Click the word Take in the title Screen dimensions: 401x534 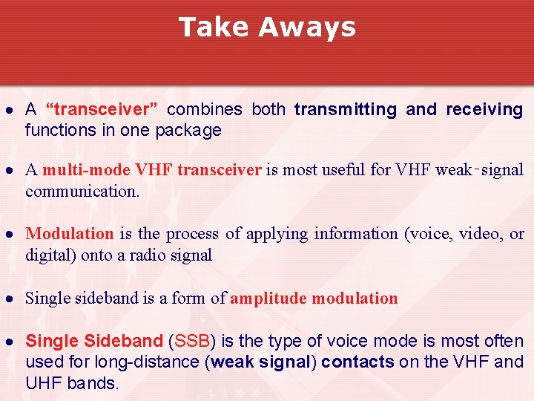[214, 27]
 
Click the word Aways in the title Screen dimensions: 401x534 [307, 27]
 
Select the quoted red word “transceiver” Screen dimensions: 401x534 [102, 110]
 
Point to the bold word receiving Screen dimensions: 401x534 [484, 110]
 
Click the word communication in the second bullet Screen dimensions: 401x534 [82, 191]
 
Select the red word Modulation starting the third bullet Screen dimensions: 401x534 [70, 234]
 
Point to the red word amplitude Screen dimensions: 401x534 [269, 299]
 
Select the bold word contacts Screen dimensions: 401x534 [357, 362]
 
